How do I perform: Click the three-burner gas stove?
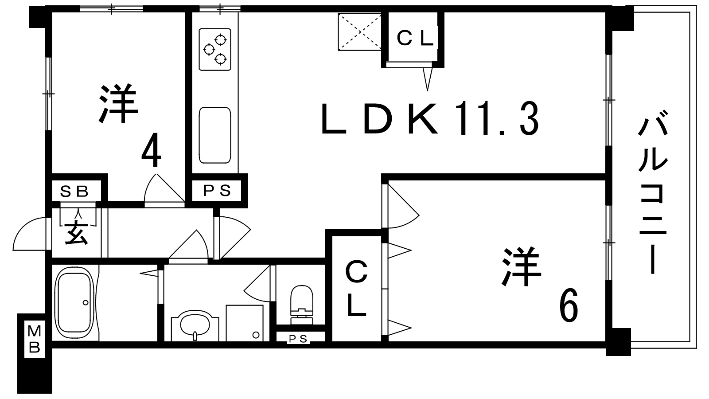[x=215, y=49]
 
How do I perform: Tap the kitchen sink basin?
[x=215, y=135]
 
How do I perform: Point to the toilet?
[x=301, y=305]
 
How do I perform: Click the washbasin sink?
[x=195, y=325]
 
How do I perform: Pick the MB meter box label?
[x=34, y=340]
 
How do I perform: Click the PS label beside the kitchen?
[x=217, y=191]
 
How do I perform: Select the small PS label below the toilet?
[x=298, y=339]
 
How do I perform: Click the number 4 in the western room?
[x=151, y=150]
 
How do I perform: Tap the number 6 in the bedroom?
[x=569, y=305]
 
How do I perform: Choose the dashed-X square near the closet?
[x=360, y=31]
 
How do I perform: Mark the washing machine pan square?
[x=245, y=323]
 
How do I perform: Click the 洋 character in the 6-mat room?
[x=521, y=266]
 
